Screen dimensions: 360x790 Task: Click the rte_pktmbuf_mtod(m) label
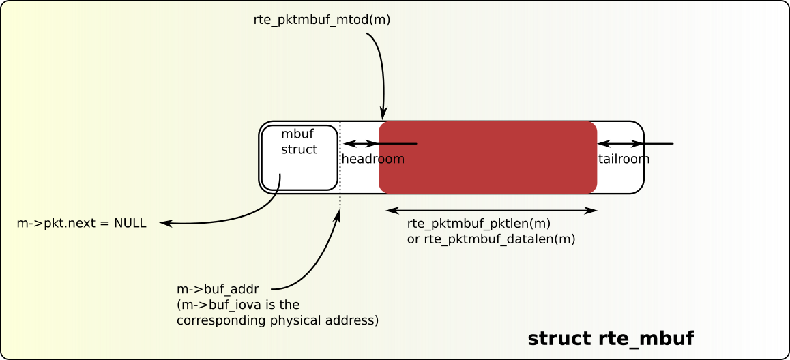(x=321, y=20)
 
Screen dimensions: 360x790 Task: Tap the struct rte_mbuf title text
(x=611, y=339)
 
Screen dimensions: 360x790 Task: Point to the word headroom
(x=373, y=159)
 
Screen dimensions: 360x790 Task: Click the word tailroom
(x=624, y=159)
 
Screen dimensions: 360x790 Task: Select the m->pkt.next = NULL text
(x=81, y=223)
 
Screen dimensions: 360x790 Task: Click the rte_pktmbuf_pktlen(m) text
(x=479, y=224)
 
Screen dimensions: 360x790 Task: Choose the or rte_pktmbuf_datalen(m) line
(x=491, y=239)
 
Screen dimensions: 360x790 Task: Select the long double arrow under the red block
(x=492, y=211)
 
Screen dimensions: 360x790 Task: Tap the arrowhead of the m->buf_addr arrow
(x=339, y=215)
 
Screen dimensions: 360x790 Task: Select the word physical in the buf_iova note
(x=297, y=319)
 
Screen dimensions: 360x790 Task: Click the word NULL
(x=131, y=223)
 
